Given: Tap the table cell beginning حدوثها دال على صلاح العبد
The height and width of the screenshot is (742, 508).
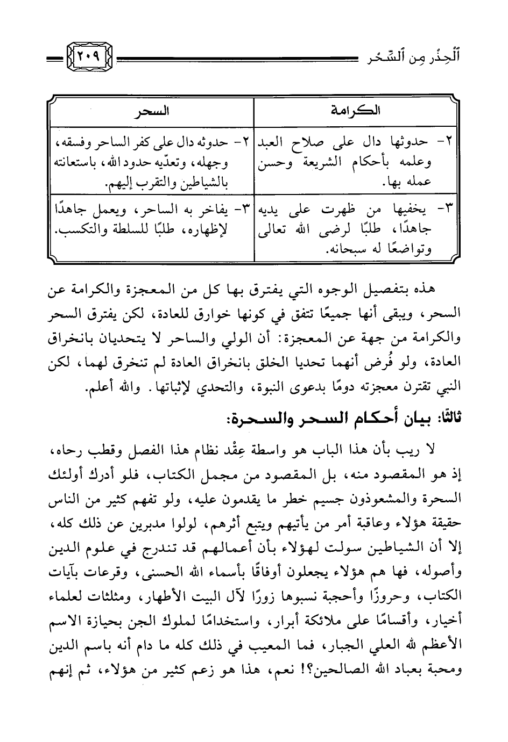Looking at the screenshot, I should click(x=355, y=162).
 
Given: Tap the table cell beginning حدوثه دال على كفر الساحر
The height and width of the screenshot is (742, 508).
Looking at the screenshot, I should click(x=151, y=162).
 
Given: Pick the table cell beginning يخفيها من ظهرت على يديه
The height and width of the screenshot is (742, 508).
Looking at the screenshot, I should click(x=355, y=229).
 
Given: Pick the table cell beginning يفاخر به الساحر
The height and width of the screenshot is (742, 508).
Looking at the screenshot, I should click(x=151, y=220).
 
